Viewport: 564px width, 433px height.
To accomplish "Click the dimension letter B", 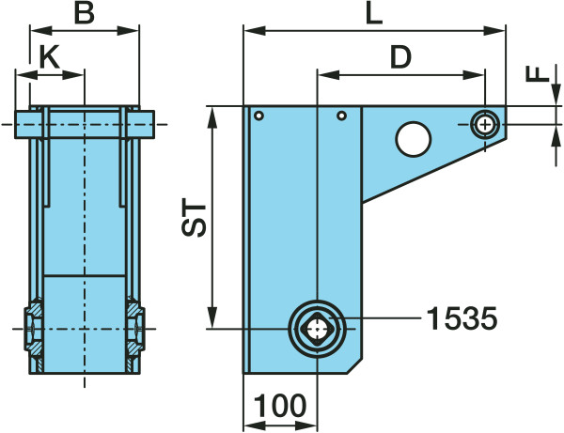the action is pos(85,14).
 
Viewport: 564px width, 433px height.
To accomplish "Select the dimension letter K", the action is pos(49,57).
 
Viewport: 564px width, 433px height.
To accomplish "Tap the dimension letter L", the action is pos(374,14).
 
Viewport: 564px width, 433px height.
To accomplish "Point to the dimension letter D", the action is pos(401,57).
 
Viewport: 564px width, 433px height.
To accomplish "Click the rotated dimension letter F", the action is pos(538,73).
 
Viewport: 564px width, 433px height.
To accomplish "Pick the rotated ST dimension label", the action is pos(194,217).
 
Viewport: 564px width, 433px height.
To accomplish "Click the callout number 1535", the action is pos(462,318).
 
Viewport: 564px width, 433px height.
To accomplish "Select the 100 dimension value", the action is pos(280,406).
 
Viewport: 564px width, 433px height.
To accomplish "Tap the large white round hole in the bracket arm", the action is pos(414,139).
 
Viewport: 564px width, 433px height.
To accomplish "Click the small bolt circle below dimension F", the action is pos(485,125).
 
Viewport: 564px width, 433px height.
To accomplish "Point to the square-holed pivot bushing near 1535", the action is pos(318,329).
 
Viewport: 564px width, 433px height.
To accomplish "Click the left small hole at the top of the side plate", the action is pos(259,116).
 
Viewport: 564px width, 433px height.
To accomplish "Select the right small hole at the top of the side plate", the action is pos(342,116).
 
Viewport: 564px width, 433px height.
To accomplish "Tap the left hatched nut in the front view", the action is pos(34,329).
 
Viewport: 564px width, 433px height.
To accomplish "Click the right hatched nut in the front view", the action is pos(135,329).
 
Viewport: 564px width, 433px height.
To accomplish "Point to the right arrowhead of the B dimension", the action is pos(128,31).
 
